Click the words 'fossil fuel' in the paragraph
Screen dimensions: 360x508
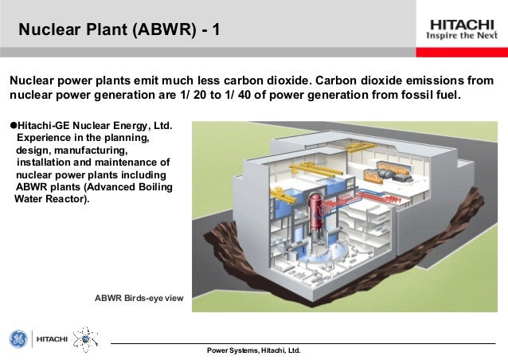(x=428, y=96)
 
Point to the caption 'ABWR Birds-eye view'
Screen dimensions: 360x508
(x=139, y=298)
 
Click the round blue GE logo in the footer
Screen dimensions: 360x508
(x=18, y=339)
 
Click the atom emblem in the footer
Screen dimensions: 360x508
(x=83, y=339)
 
